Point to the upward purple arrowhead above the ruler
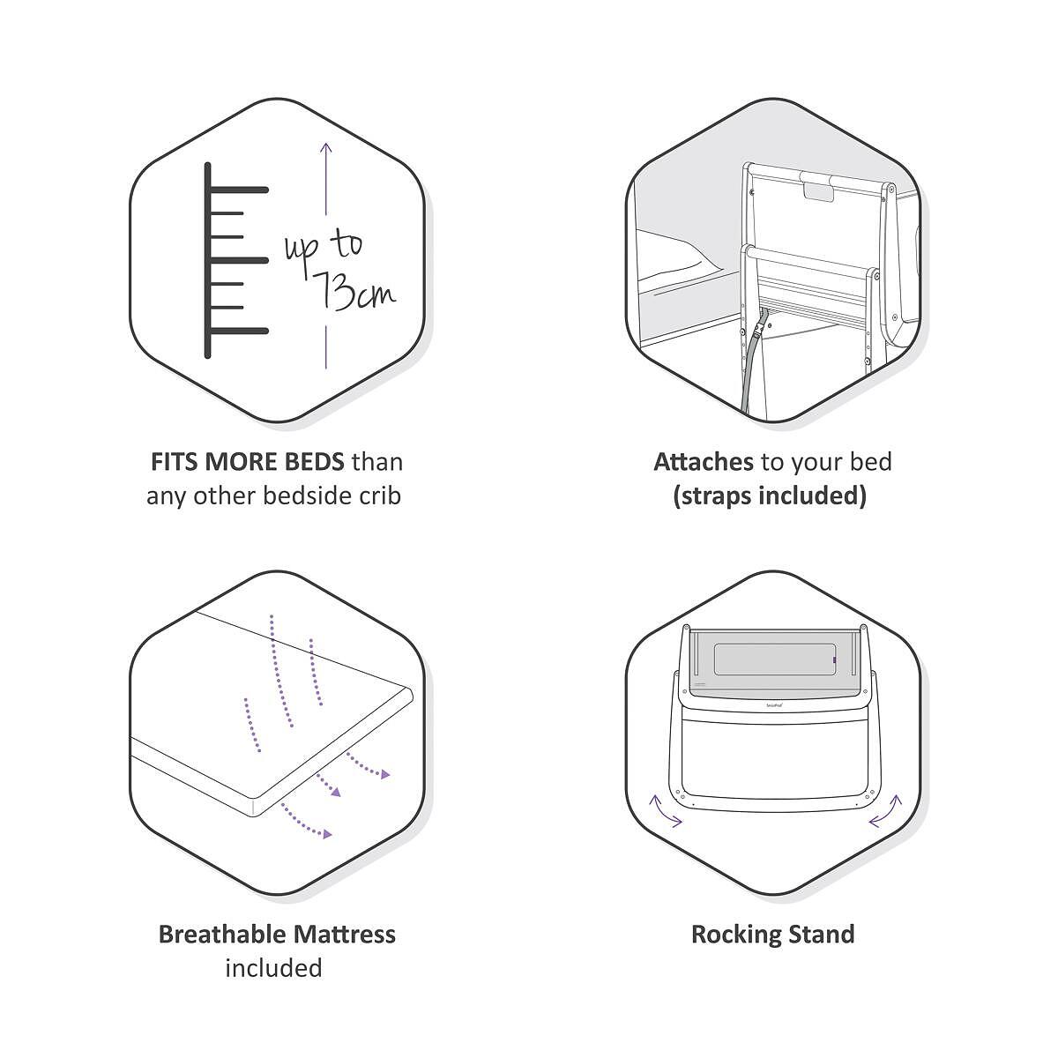pos(326,148)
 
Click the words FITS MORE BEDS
pos(247,462)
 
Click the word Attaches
pos(703,462)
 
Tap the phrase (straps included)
pos(770,495)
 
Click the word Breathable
pos(221,934)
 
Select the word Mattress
pos(344,934)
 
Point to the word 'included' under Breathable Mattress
pos(273,968)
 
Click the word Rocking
pos(735,935)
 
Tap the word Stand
pos(822,934)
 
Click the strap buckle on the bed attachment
pos(761,332)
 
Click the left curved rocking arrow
pos(665,810)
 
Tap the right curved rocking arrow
pos(886,810)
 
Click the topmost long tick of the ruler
pos(238,190)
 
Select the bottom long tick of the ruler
pos(238,332)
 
